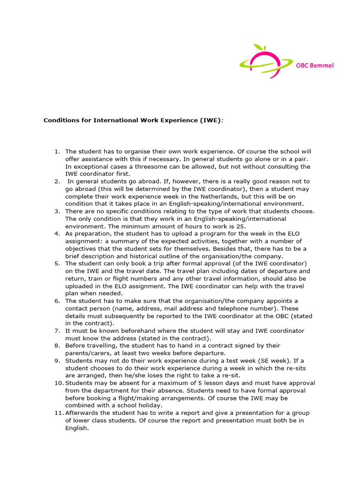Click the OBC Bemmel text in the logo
(x=315, y=66)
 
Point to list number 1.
(x=57, y=151)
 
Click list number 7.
(x=57, y=330)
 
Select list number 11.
(x=59, y=412)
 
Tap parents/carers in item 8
(x=87, y=353)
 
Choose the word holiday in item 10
(x=151, y=405)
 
